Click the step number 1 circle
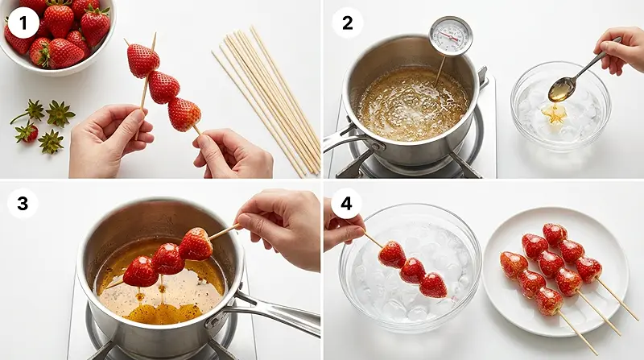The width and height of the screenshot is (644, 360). [23, 23]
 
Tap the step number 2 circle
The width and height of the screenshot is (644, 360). [348, 23]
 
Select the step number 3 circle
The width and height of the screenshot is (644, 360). [23, 204]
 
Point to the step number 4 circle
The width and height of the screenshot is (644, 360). [346, 204]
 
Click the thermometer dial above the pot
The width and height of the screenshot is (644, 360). [451, 36]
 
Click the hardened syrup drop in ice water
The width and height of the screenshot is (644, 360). [553, 114]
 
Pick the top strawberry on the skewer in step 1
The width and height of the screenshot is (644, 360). [142, 60]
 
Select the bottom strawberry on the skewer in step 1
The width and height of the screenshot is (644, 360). [184, 114]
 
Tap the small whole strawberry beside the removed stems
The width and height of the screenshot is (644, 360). [28, 133]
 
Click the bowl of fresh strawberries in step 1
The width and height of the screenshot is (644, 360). [56, 36]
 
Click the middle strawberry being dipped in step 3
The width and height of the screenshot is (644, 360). [167, 259]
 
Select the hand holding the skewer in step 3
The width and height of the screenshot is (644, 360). [279, 228]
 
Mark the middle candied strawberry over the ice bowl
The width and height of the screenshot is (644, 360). [412, 271]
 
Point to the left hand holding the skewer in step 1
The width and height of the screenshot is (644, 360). [109, 139]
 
